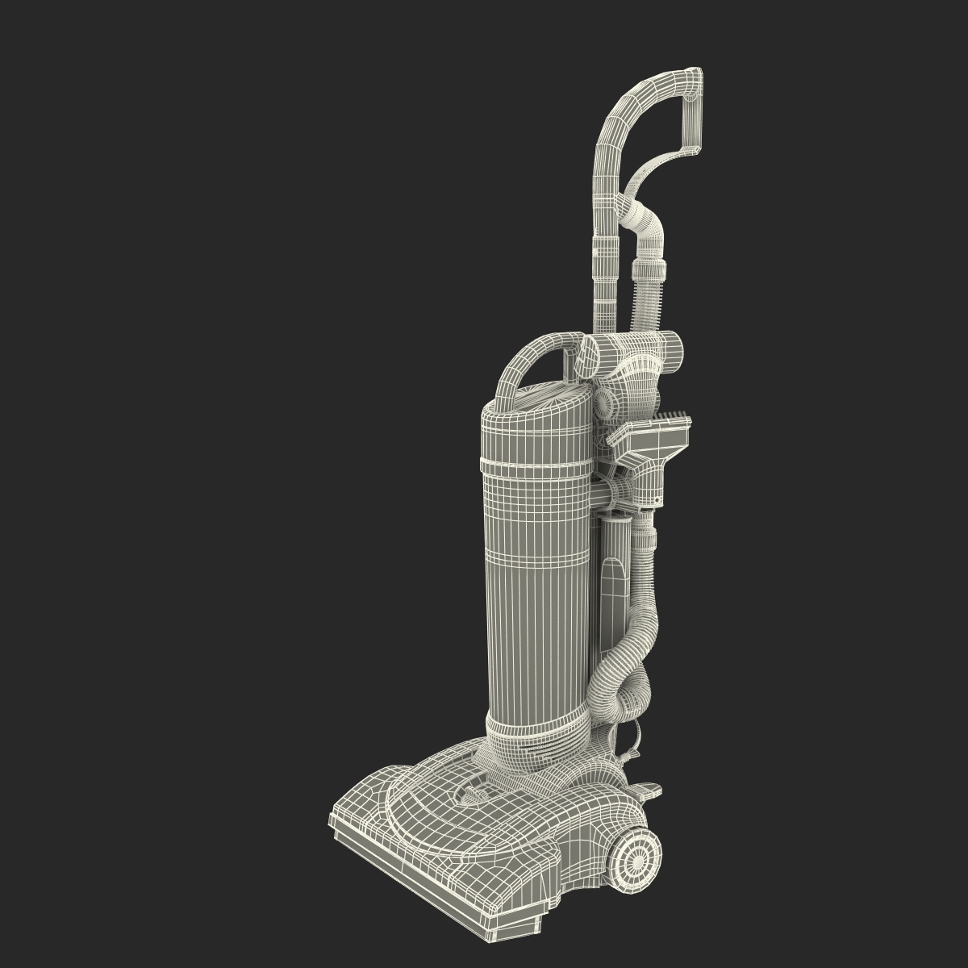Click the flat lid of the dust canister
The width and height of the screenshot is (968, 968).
pyautogui.click(x=539, y=399)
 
